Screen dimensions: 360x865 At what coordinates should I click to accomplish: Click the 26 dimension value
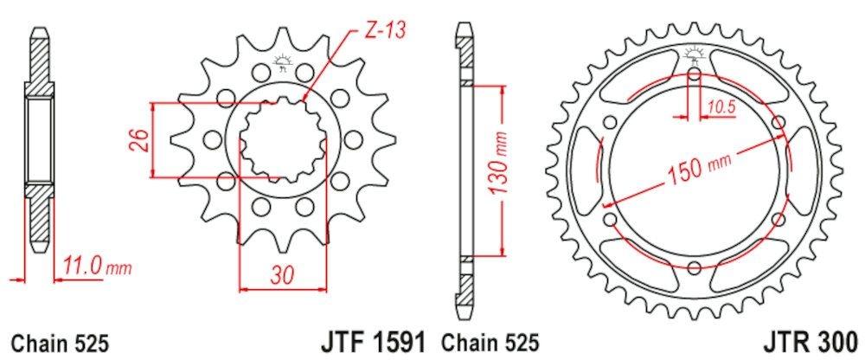pyautogui.click(x=137, y=140)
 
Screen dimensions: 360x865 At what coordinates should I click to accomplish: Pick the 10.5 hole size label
pyautogui.click(x=720, y=107)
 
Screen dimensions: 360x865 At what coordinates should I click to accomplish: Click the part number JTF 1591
pyautogui.click(x=378, y=341)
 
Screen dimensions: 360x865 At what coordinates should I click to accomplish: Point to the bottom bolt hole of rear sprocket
pyautogui.click(x=695, y=268)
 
